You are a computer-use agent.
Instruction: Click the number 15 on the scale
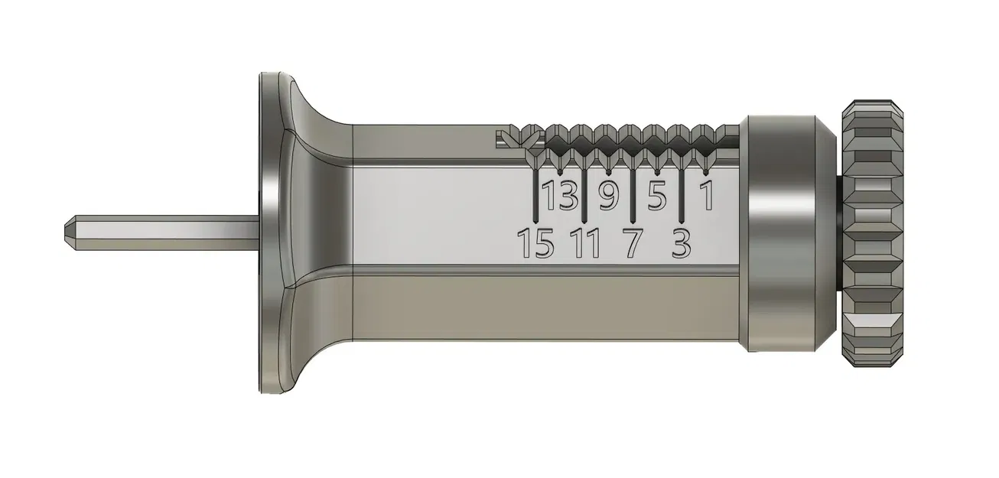click(535, 244)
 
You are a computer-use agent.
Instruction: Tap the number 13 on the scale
click(561, 197)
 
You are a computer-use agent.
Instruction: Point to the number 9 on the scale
click(607, 197)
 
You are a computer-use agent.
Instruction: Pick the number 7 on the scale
click(633, 244)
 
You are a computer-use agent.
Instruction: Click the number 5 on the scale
click(656, 197)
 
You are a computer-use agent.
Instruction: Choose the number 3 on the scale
click(681, 244)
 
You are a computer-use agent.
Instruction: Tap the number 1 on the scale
click(708, 197)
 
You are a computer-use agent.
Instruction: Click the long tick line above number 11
click(584, 191)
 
